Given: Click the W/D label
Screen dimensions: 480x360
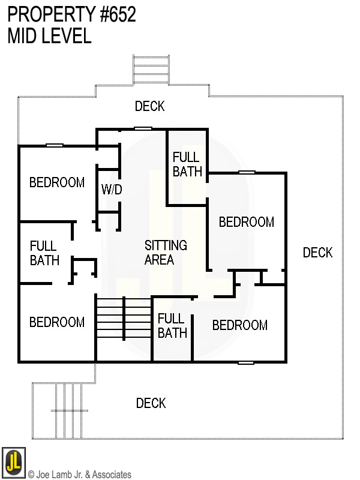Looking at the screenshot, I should point(112,190).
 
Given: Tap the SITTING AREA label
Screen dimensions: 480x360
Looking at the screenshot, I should point(165,253).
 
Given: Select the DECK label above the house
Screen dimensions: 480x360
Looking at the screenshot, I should point(149,106).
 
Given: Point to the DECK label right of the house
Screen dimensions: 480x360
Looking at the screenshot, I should point(317,253).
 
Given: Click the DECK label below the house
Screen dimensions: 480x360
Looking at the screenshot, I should point(151,403).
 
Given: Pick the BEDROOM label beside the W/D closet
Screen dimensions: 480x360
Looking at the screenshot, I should point(57,182).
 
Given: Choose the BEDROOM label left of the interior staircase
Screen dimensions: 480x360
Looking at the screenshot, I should point(57,322).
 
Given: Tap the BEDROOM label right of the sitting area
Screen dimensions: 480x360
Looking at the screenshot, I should point(246,222).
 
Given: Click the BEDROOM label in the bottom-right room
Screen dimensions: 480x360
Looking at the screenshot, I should point(239,325).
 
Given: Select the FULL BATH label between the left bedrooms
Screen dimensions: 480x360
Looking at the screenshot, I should point(44,253).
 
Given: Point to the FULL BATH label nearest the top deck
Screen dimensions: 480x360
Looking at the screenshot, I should point(187,164).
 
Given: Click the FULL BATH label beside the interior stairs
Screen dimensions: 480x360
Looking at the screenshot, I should point(172,326).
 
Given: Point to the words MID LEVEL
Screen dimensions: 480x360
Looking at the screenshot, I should point(49,36).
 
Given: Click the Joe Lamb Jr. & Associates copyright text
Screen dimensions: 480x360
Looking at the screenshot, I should point(79,475).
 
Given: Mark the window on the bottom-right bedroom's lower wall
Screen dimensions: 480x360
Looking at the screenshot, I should point(246,362).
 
